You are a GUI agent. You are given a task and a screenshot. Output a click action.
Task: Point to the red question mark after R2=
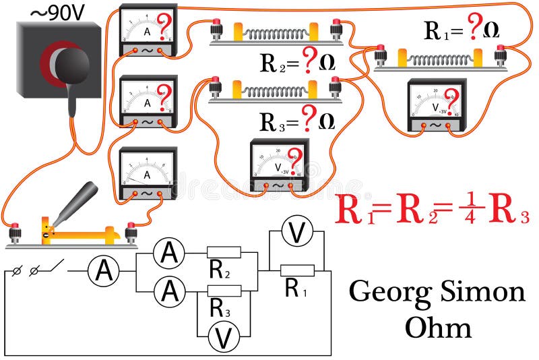point(309,63)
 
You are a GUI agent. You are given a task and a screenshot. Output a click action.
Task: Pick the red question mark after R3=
point(309,120)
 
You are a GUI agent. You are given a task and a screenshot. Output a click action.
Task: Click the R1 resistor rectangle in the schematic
point(297,270)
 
